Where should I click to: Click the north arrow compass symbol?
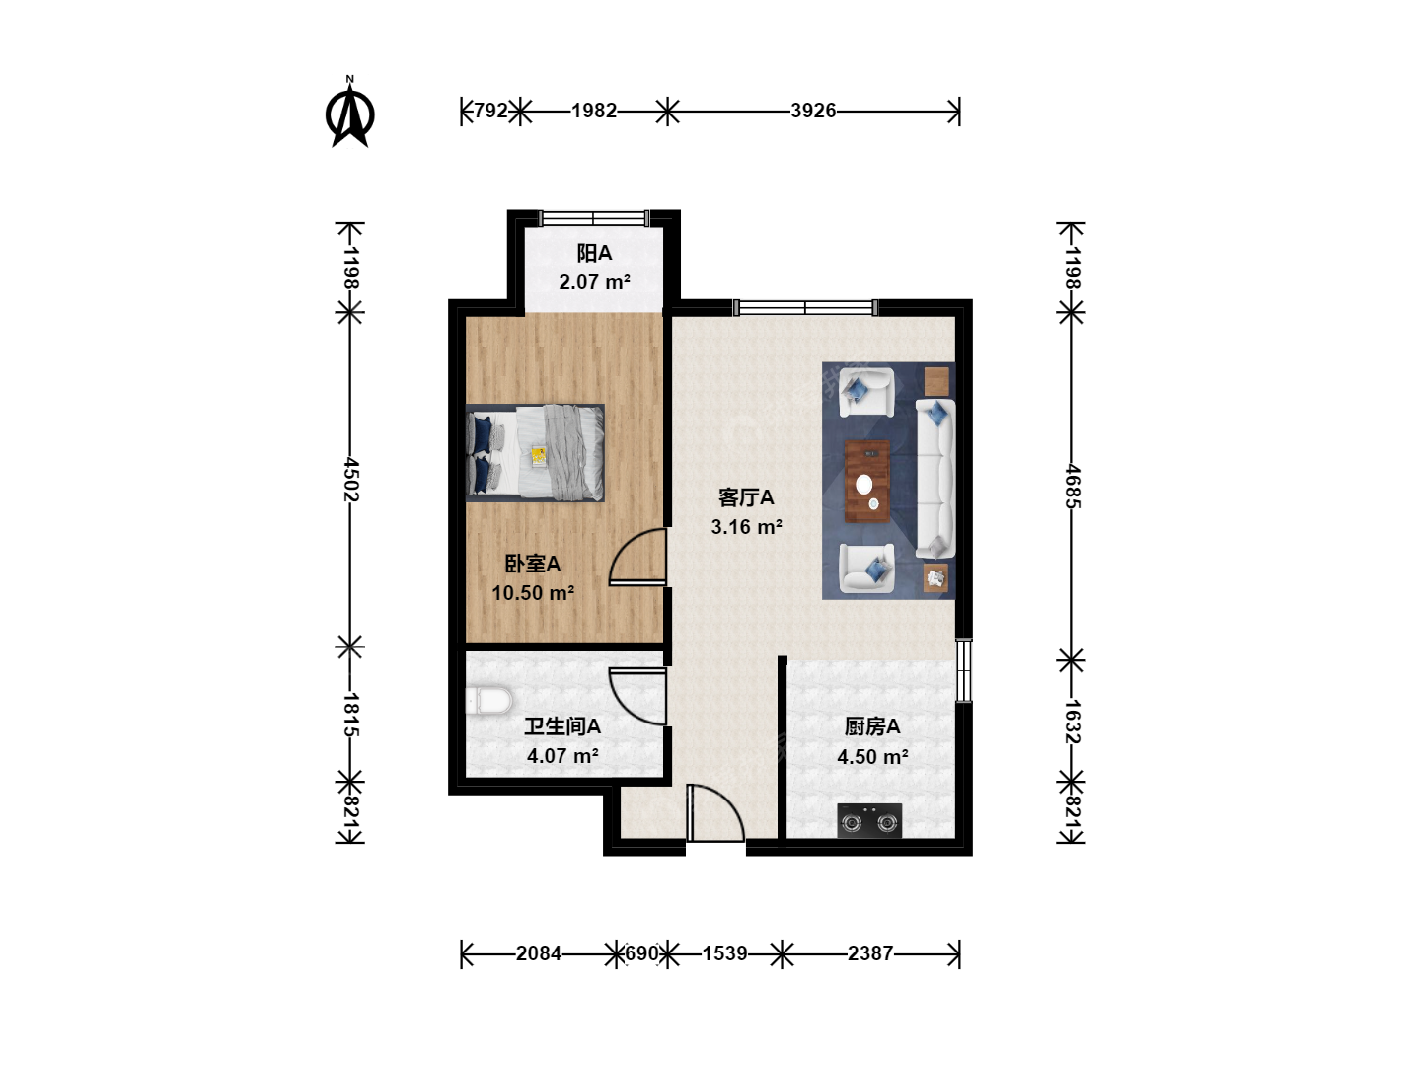[349, 113]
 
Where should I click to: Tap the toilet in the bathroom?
[488, 701]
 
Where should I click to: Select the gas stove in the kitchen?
[868, 820]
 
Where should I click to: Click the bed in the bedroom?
[535, 453]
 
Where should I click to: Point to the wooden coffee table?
[866, 481]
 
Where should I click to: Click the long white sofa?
[935, 479]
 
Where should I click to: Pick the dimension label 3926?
[813, 111]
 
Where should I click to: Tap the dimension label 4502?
[350, 480]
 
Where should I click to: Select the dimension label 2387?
[870, 953]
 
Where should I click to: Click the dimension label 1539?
[725, 953]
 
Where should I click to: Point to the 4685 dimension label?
[1072, 486]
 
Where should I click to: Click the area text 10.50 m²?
[533, 593]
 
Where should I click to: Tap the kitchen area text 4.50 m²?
[872, 757]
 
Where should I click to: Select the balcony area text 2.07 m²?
[594, 282]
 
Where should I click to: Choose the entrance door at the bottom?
[716, 813]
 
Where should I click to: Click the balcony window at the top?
[594, 218]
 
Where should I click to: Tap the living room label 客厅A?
[746, 497]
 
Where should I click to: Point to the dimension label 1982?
[594, 111]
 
